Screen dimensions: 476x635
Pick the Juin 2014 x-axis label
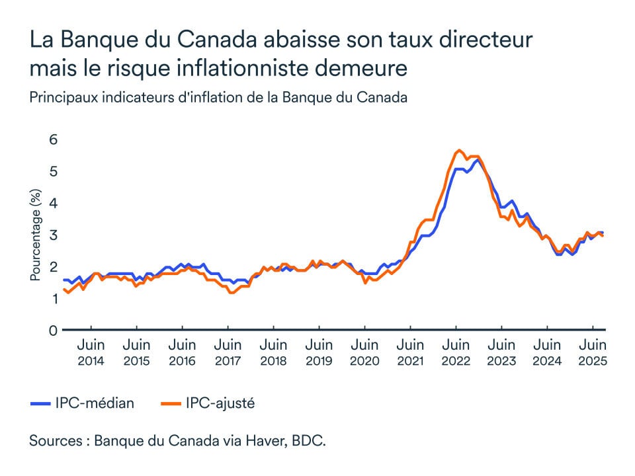tap(91, 353)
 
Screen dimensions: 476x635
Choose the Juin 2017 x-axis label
tap(228, 353)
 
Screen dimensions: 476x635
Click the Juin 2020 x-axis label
tap(364, 353)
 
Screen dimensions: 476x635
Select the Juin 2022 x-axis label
tap(456, 353)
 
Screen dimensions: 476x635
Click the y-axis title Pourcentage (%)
tap(36, 235)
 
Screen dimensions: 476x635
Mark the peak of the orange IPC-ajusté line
tap(458, 150)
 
